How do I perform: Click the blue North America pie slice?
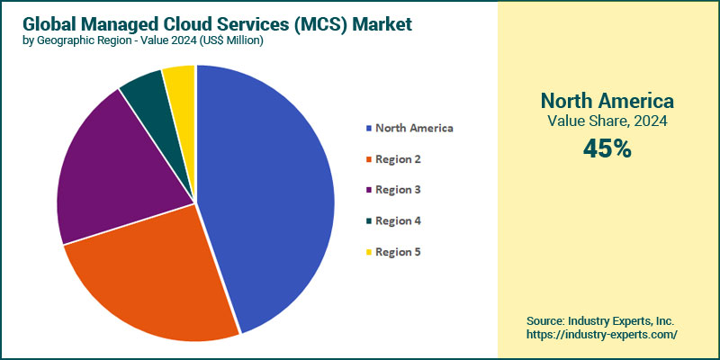(270, 198)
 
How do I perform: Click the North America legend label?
(414, 128)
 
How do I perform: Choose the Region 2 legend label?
(398, 159)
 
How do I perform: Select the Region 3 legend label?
(398, 190)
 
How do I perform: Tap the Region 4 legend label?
(398, 220)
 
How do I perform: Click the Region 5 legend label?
(398, 251)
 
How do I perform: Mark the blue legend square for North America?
(368, 128)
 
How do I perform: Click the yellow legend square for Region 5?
(368, 251)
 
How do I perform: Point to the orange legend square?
(368, 159)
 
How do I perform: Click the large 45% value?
(607, 149)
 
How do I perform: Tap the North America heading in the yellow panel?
(607, 100)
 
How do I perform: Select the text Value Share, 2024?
(607, 121)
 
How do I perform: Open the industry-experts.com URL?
(600, 334)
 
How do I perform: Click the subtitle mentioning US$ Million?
(141, 41)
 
